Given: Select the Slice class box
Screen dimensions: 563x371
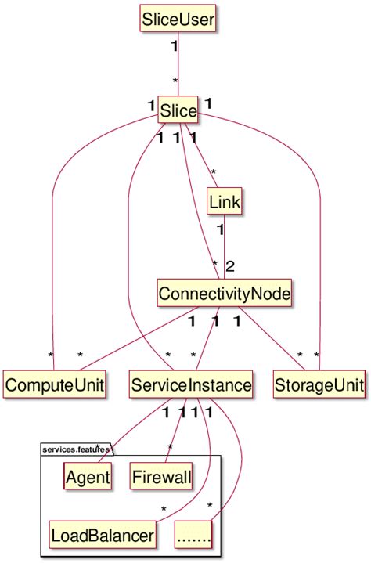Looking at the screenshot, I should [178, 111].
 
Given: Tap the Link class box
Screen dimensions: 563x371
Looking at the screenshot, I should [225, 202].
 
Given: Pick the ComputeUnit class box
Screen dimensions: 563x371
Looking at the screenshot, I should [54, 385].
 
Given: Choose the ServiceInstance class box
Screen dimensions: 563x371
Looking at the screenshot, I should [191, 385].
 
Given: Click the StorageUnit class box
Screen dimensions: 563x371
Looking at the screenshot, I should [320, 385].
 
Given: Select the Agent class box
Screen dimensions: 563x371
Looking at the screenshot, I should [88, 476].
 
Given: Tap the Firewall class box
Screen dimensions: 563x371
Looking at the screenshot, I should [161, 476].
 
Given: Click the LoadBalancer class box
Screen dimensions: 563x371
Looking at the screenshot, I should [101, 536].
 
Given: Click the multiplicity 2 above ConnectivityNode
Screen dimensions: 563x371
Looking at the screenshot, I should [230, 266].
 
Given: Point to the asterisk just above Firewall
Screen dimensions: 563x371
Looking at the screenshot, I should [169, 447].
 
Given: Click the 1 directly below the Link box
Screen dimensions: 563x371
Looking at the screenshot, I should [220, 230].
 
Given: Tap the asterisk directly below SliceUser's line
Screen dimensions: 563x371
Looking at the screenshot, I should [175, 82].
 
